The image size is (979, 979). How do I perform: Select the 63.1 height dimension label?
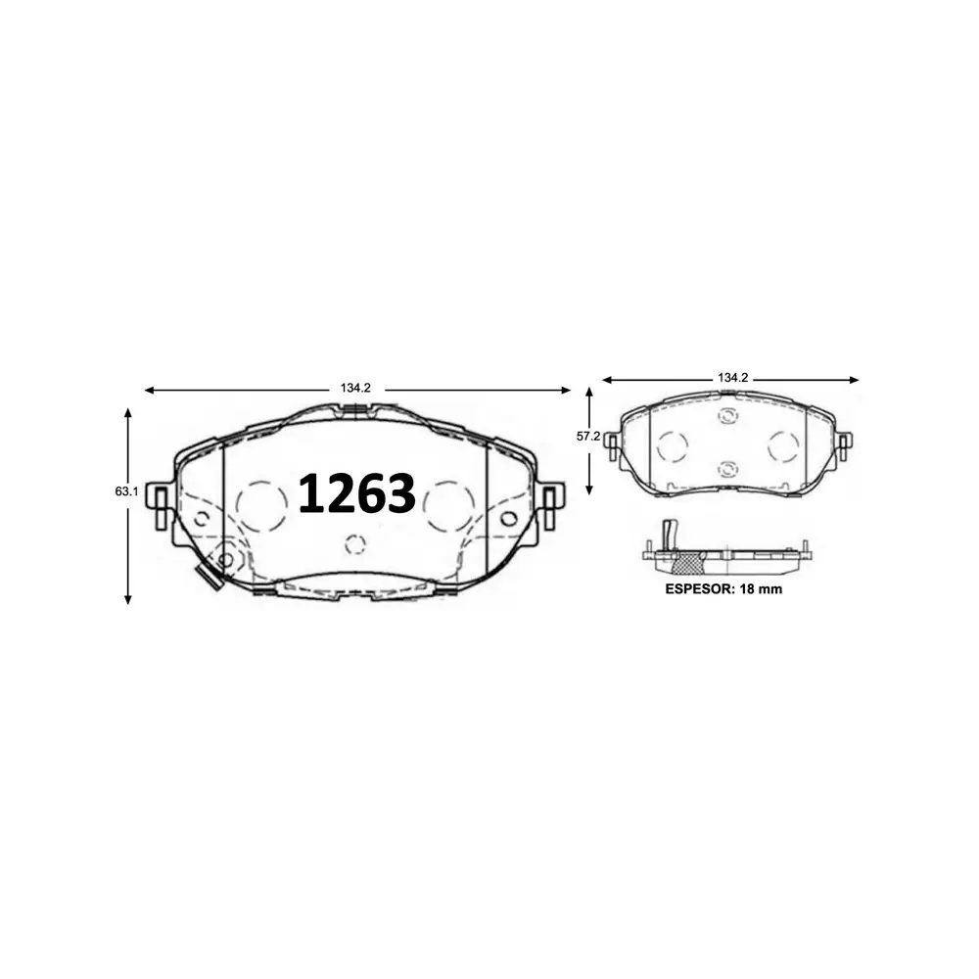point(126,492)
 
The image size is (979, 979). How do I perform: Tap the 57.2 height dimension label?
point(588,437)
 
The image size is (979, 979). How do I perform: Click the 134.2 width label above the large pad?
point(356,389)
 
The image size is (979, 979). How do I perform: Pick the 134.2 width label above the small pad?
point(732,378)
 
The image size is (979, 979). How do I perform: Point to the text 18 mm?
point(762,589)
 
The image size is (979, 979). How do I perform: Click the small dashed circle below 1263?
point(355,544)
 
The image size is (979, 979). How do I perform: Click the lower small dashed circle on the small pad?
point(726,469)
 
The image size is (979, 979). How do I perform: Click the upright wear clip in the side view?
point(669,536)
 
